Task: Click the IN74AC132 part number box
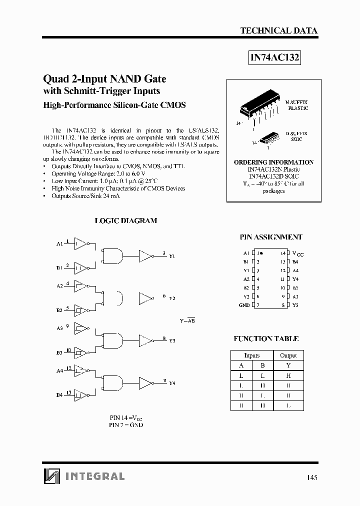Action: pos(274,57)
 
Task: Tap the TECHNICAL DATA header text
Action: pos(278,30)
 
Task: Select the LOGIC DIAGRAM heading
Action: pos(125,220)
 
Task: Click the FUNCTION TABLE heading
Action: pos(266,338)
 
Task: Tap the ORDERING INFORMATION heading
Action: pos(273,162)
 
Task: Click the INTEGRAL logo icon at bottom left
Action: pos(50,476)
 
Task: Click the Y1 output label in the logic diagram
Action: pos(172,256)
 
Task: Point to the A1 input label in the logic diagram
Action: pos(59,244)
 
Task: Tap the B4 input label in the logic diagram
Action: pos(59,395)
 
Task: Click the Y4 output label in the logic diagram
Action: pos(172,383)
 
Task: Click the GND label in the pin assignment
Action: pos(244,305)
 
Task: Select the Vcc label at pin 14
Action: pos(297,254)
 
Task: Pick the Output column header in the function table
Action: pos(288,355)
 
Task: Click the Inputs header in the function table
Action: pos(251,355)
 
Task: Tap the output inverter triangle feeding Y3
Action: pos(145,340)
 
